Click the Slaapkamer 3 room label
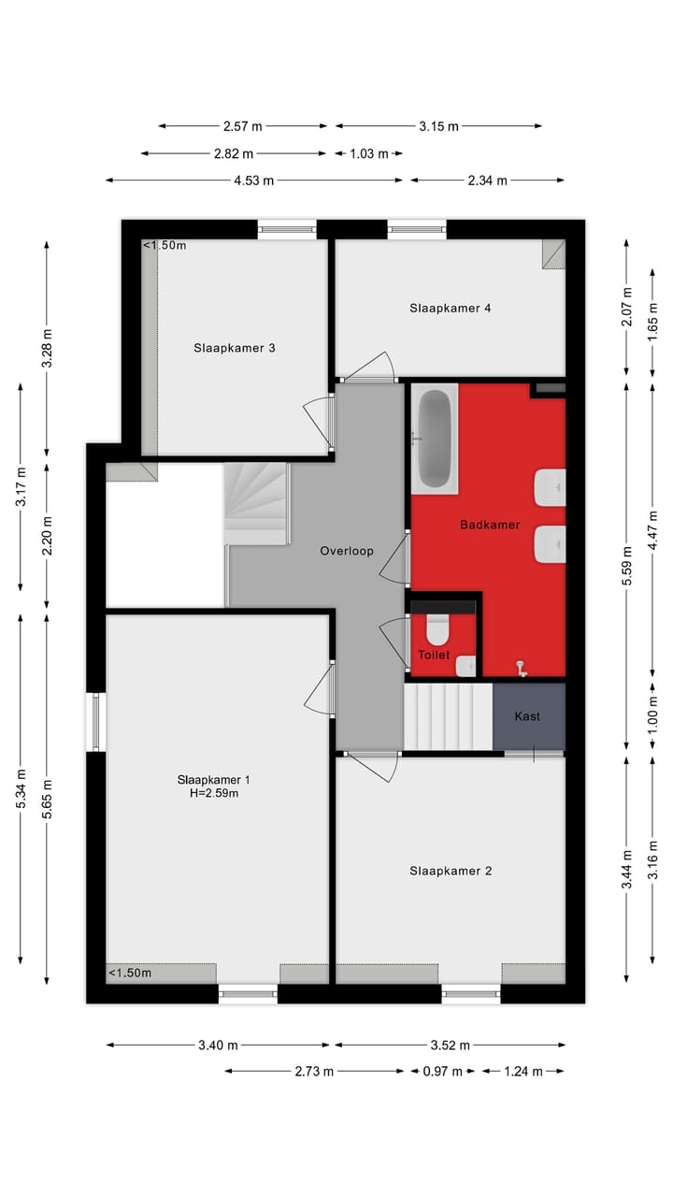click(234, 348)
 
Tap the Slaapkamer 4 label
click(450, 308)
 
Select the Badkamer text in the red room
click(489, 525)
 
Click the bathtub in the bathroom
click(435, 438)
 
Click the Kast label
click(527, 716)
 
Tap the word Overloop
click(346, 551)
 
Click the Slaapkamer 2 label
click(450, 871)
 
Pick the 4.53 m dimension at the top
click(253, 180)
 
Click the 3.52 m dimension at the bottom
click(450, 1046)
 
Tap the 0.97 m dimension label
click(443, 1072)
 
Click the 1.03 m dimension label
click(369, 154)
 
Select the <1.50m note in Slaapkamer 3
click(165, 246)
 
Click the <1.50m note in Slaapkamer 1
click(130, 973)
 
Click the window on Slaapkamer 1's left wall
click(95, 721)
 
